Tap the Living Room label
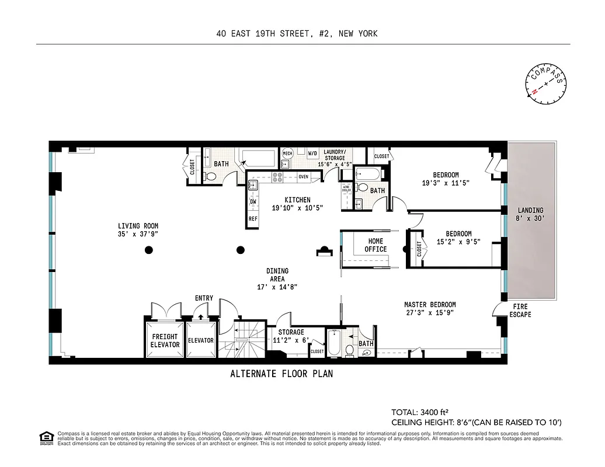pos(138,230)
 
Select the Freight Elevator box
pos(165,340)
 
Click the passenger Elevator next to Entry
pos(200,340)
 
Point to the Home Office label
pos(375,245)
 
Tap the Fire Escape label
pos(520,310)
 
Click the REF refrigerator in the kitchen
pos(253,219)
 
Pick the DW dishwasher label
pos(253,202)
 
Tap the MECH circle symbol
pos(287,154)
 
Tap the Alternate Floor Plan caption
pos(281,374)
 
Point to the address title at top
pos(297,33)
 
